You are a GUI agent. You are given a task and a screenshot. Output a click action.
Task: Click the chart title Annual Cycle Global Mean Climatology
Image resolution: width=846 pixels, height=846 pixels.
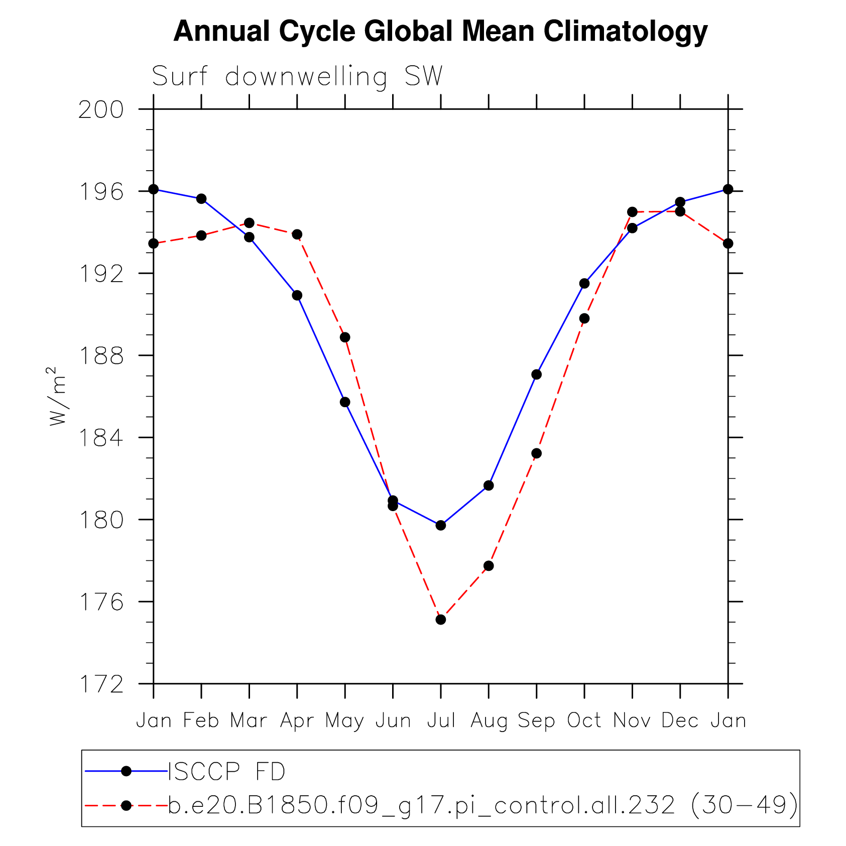(x=440, y=31)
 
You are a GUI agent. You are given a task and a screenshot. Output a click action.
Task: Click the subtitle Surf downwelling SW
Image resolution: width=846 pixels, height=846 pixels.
(x=297, y=77)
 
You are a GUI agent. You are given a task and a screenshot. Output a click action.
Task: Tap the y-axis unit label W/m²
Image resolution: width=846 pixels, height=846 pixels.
(x=57, y=396)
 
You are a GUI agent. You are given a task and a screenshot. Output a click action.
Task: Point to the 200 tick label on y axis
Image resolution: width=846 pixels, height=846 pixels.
(x=101, y=110)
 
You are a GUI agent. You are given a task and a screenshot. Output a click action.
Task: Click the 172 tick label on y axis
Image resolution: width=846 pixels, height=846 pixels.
(x=101, y=684)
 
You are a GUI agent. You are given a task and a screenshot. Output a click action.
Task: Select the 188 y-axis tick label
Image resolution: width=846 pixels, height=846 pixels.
(x=101, y=356)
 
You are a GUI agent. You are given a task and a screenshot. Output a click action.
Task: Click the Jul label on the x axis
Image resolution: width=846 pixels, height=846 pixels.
(x=441, y=721)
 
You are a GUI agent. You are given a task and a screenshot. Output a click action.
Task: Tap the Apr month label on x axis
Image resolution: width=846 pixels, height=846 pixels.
(x=297, y=721)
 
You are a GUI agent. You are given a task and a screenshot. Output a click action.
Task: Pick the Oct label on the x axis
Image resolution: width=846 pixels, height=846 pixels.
(x=584, y=721)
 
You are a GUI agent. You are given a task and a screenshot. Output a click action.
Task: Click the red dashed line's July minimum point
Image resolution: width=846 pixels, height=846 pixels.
(x=441, y=620)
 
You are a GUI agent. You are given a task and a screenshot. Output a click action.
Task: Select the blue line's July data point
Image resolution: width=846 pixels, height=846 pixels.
(x=441, y=525)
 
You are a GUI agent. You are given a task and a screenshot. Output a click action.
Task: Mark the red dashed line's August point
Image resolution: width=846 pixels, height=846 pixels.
(x=489, y=566)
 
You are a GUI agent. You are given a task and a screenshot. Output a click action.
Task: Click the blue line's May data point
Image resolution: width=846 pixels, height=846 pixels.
(x=345, y=402)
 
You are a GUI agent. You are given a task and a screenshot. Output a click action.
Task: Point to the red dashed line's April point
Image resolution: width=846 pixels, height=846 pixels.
(x=297, y=234)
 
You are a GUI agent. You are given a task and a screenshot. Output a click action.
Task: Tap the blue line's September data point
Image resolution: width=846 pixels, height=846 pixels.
(x=536, y=375)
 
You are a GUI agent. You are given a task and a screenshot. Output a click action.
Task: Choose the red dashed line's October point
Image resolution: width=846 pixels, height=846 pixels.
(x=584, y=318)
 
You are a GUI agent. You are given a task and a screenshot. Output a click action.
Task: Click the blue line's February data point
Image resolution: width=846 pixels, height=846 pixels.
(x=201, y=199)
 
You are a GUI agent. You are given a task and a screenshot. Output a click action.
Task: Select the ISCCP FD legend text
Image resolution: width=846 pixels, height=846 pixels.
(x=226, y=772)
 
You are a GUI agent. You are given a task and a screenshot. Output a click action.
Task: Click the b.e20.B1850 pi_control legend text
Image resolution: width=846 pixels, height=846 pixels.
(x=482, y=805)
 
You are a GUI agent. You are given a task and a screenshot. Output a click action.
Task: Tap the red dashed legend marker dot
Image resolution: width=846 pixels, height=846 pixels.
(x=127, y=805)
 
